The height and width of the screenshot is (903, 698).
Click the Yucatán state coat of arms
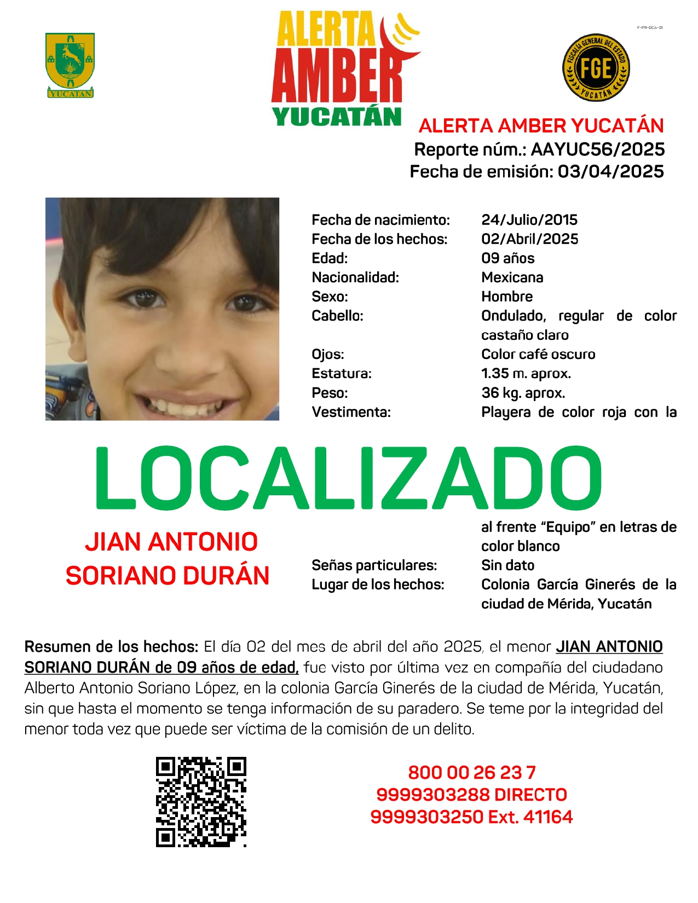pos(70,65)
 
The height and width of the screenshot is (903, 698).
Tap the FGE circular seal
pos(596,68)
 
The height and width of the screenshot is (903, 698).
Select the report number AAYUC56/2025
pos(597,149)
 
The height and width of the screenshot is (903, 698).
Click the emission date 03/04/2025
pos(610,172)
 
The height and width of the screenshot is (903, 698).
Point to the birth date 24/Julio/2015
pos(529,220)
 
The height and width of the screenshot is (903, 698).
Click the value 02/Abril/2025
pos(529,239)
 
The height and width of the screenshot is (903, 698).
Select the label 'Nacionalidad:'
pos(355,277)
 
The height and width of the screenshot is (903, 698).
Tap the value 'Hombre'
pos(507,297)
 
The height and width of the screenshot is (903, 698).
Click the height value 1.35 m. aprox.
pos(526,374)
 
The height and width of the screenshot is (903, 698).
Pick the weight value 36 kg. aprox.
pos(523,393)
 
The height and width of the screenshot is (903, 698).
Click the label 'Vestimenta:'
pos(351,412)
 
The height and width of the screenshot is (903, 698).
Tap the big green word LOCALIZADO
pos(348,478)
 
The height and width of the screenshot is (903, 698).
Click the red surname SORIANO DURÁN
pos(168,576)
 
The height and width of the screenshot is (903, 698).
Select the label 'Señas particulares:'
pos(374,565)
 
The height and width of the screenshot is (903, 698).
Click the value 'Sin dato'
pos(507,565)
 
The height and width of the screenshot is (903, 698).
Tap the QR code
pos(201,802)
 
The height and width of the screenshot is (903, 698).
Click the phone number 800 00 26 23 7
pos(471,773)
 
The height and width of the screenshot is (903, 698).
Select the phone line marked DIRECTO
pos(471,795)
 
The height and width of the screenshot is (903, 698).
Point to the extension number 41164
pos(548,817)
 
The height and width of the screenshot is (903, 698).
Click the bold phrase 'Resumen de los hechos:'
pos(111,647)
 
